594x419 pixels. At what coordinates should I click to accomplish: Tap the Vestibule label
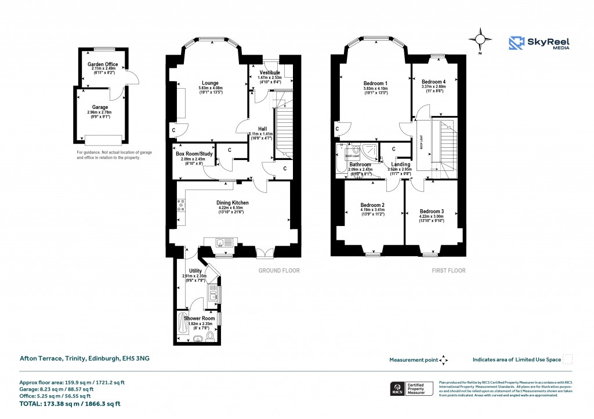coord(270,72)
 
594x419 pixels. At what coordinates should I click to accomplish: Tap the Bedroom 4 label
coord(434,82)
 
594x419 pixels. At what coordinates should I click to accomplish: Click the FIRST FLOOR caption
coord(448,271)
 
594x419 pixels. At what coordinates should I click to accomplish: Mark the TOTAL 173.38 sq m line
coord(71,403)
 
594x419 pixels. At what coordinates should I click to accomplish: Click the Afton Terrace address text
coord(85,359)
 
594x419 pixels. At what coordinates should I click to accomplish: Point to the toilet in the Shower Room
coord(209,336)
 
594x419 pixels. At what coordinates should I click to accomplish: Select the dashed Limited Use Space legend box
coord(568,359)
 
